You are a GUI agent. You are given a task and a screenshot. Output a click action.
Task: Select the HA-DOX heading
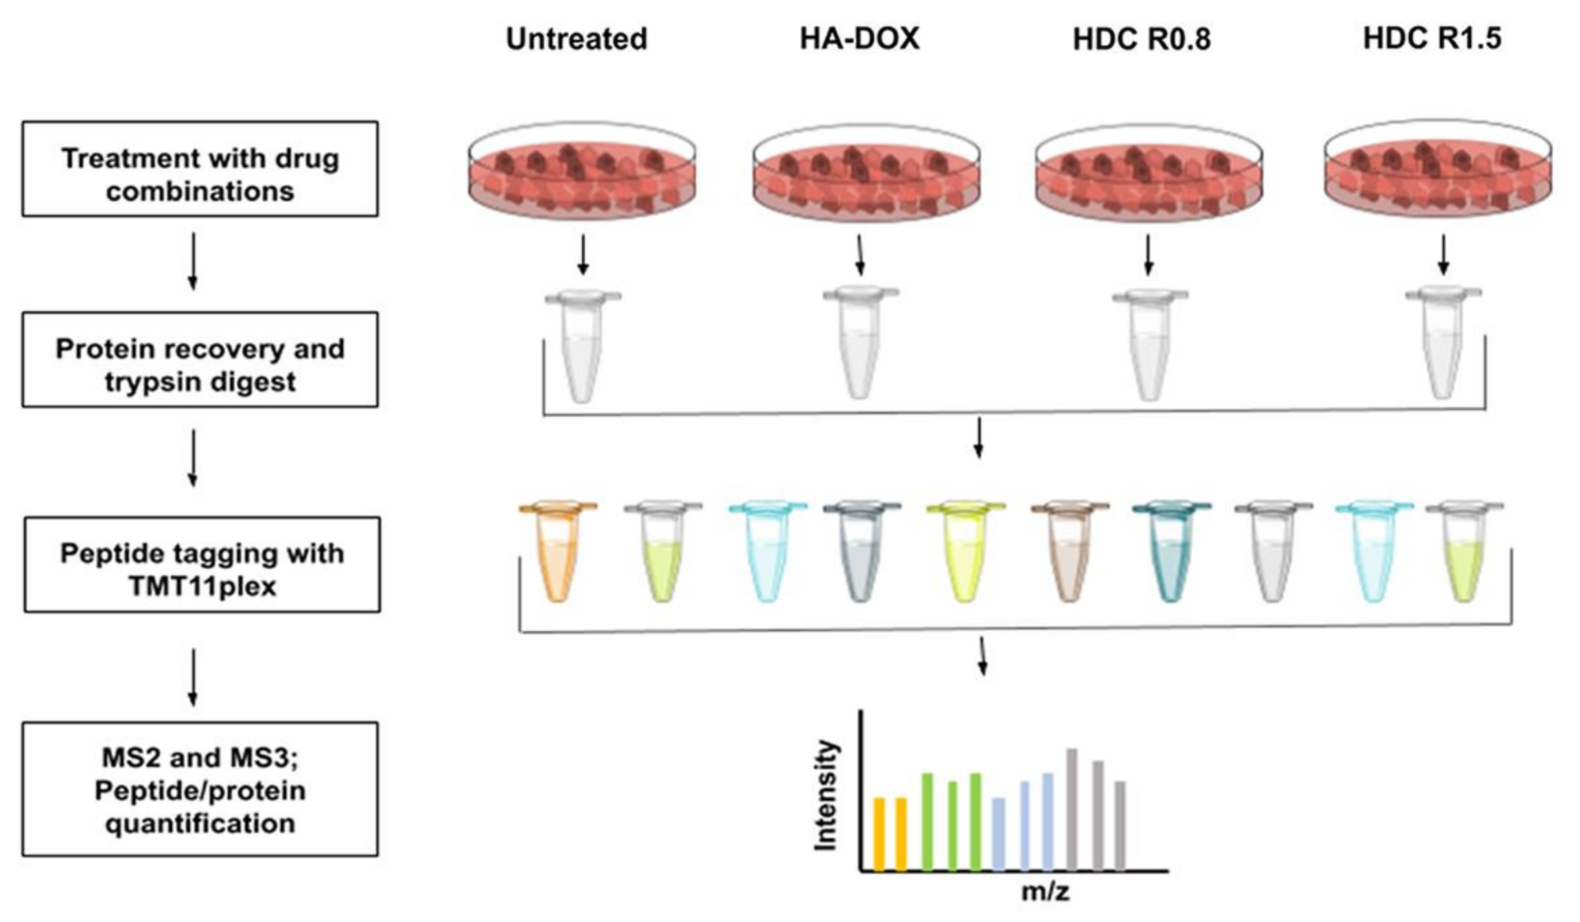tap(859, 39)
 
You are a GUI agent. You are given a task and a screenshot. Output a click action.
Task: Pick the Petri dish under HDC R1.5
tap(1438, 169)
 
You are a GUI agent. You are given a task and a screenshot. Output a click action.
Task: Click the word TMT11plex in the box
tap(202, 587)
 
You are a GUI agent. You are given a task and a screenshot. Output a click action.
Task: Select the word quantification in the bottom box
tap(200, 823)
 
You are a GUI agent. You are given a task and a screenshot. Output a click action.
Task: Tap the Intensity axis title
tap(825, 795)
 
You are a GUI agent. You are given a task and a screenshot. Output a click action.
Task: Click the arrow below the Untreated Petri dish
tap(583, 255)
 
